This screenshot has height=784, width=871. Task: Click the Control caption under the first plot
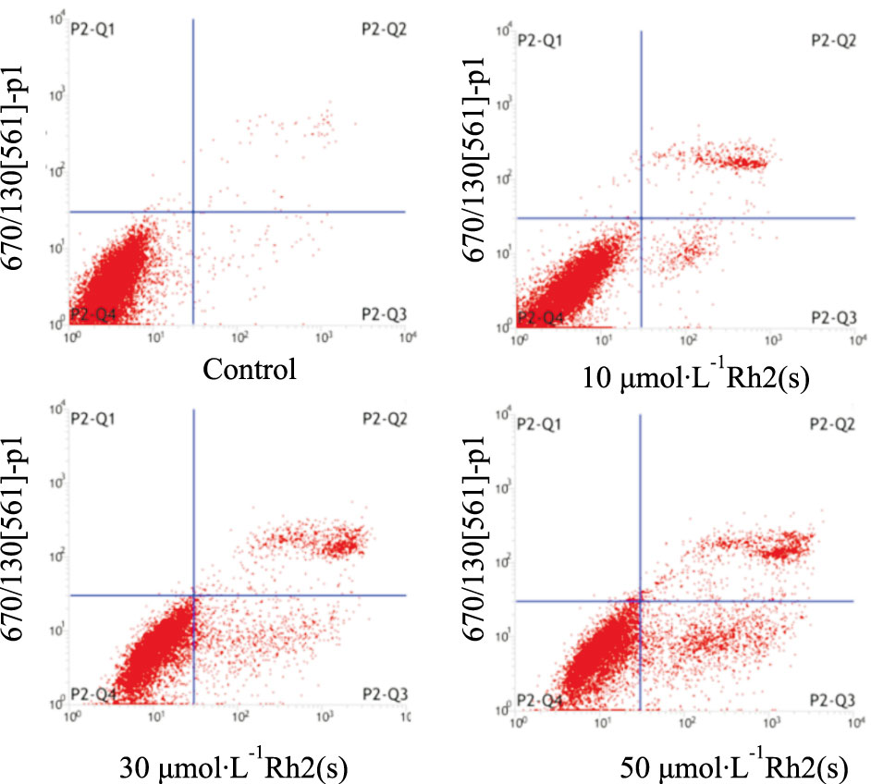click(250, 372)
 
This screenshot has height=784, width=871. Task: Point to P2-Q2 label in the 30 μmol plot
click(384, 419)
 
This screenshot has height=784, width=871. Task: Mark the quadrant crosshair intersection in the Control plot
click(193, 212)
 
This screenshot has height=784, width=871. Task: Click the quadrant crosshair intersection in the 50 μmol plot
click(640, 601)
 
